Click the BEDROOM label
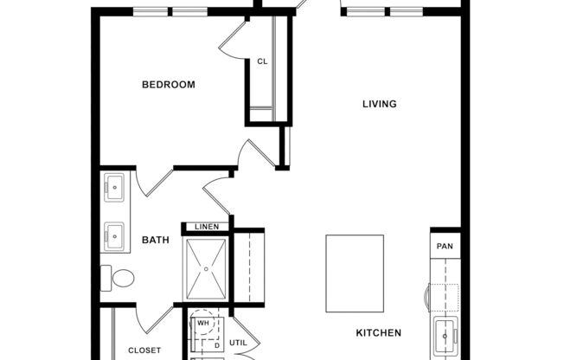pyautogui.click(x=168, y=85)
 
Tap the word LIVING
pyautogui.click(x=379, y=104)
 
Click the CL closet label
pyautogui.click(x=261, y=61)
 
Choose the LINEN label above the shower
pyautogui.click(x=207, y=227)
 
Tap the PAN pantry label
pyautogui.click(x=445, y=247)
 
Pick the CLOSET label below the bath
pyautogui.click(x=144, y=350)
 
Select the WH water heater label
pyautogui.click(x=203, y=323)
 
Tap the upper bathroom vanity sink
pyautogui.click(x=113, y=185)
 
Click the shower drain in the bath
pyautogui.click(x=207, y=269)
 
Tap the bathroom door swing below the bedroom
pyautogui.click(x=151, y=182)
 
